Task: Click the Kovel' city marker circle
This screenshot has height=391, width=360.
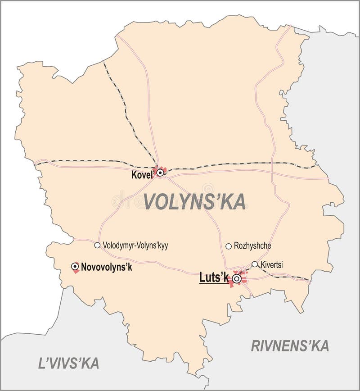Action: tap(160, 172)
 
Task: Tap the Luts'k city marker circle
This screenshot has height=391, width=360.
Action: tap(237, 279)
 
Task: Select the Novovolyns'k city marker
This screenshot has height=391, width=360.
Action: tap(75, 267)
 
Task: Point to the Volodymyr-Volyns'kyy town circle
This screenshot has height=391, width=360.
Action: tap(97, 246)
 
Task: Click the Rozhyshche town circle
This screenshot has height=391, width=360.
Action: tap(229, 246)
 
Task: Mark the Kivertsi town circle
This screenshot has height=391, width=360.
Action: tap(255, 264)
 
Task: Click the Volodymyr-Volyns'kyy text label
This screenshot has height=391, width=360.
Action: tap(135, 246)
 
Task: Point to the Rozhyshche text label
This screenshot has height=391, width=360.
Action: tap(252, 246)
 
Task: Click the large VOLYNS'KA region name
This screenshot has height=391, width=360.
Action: tap(194, 201)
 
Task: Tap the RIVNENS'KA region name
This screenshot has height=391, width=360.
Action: tap(290, 346)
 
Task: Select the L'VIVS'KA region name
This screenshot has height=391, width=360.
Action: tap(68, 363)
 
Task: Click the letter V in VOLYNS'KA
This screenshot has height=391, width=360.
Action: tap(150, 201)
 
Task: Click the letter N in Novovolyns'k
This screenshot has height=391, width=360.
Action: tap(84, 267)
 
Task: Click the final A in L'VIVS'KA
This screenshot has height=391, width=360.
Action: tap(94, 363)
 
